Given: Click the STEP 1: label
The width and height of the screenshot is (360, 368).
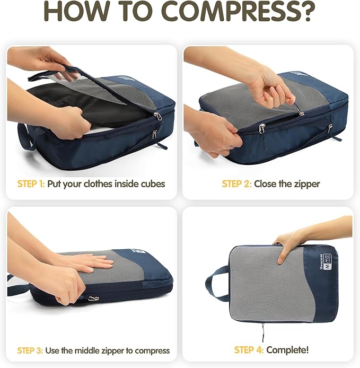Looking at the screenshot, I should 31,184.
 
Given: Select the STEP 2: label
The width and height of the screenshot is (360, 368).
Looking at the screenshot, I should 236,184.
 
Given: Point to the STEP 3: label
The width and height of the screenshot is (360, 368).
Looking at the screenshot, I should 31,351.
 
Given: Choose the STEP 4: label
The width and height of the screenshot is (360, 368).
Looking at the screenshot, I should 249,350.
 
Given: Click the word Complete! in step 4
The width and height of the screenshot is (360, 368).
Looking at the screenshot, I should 288,350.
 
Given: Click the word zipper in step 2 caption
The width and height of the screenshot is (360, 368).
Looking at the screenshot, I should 307,184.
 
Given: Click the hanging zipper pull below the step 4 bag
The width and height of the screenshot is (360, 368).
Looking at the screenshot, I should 263,331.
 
